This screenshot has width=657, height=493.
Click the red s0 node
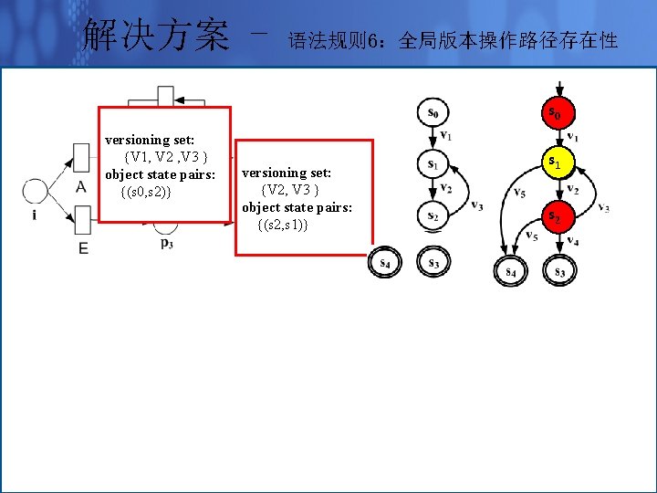(556, 113)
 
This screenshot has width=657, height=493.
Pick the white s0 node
(433, 113)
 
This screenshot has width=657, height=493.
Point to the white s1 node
(433, 164)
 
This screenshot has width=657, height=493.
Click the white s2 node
(433, 215)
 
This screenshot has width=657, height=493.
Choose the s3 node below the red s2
(558, 271)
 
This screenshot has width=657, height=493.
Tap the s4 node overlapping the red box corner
(385, 264)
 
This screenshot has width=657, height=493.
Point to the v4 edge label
(572, 241)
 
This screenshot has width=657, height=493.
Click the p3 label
(166, 243)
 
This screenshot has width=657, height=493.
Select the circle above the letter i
(35, 192)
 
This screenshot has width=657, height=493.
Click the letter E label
(83, 247)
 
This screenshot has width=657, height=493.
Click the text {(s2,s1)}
(284, 225)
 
